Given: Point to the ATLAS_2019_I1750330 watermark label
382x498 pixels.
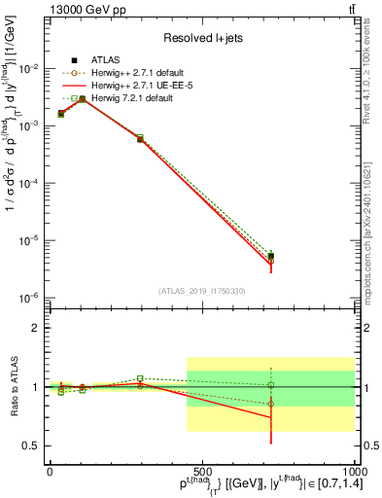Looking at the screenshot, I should [201, 291].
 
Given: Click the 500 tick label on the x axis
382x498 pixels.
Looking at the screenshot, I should [201, 471].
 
